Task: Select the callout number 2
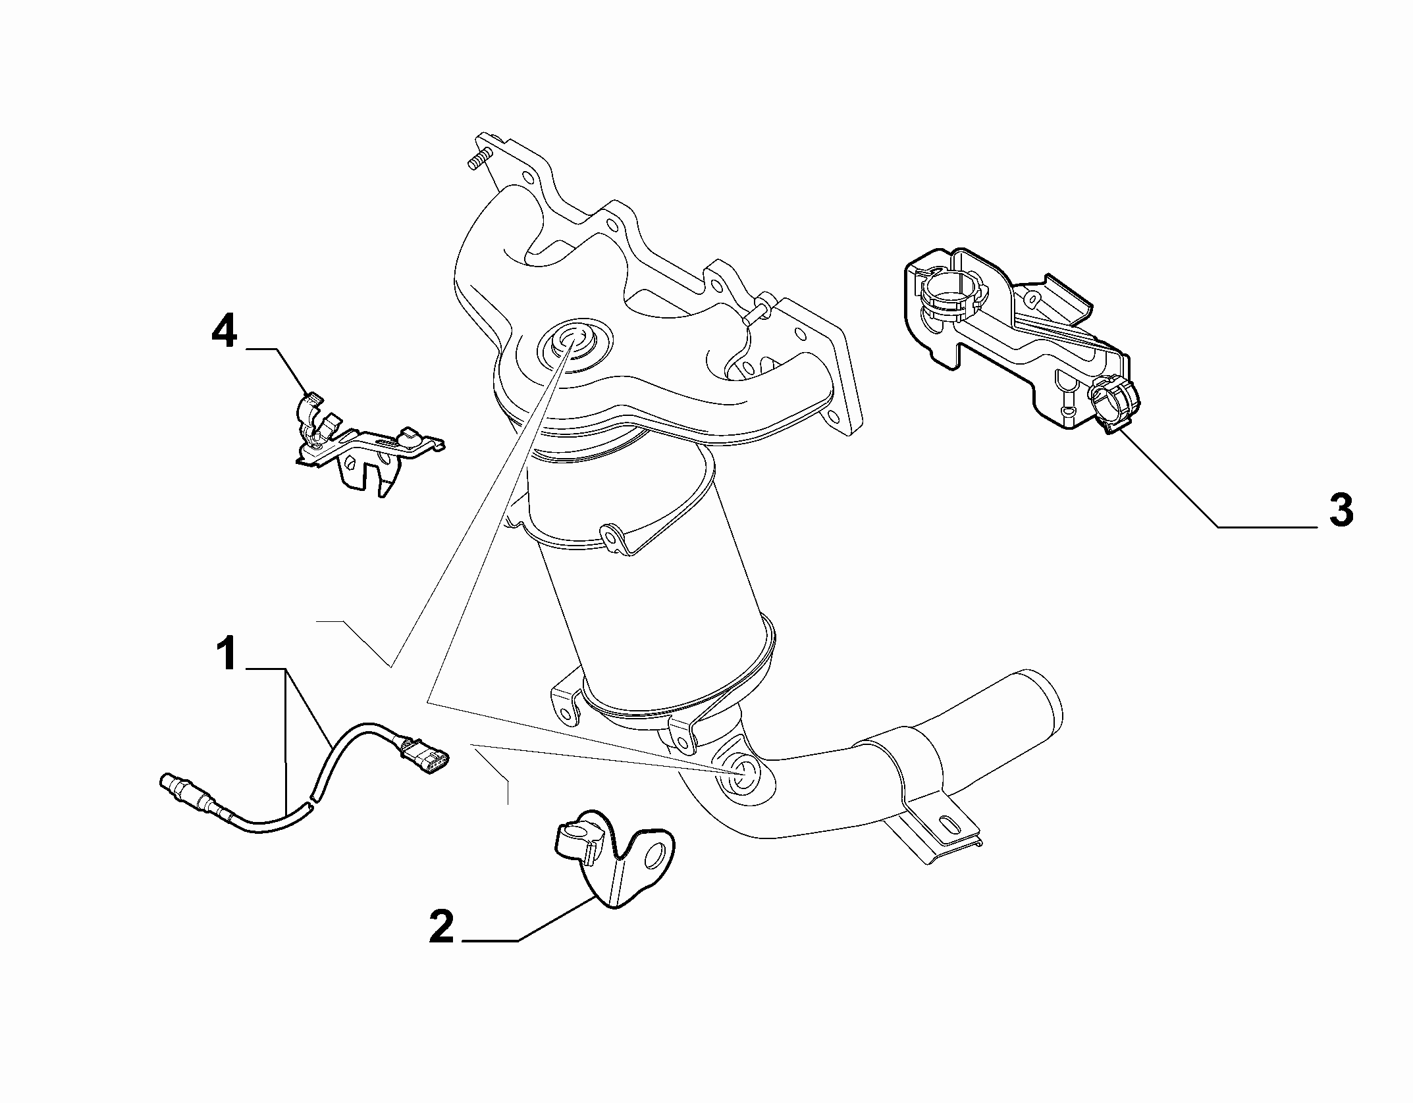(442, 927)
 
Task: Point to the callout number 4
(224, 334)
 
